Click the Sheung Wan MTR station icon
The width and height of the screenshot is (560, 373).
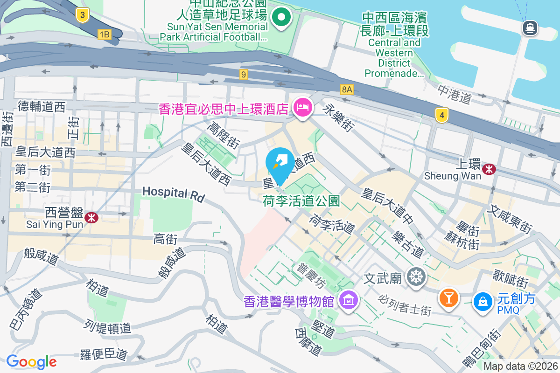[489, 169]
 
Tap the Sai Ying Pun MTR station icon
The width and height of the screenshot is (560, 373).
[91, 217]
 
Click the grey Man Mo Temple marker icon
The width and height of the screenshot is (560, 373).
[415, 277]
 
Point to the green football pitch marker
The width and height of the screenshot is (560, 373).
[281, 19]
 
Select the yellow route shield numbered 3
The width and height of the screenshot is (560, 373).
[83, 15]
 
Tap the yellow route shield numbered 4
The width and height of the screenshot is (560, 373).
[441, 115]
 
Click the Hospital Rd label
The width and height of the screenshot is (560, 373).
[173, 194]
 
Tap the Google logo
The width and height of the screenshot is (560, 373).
[31, 361]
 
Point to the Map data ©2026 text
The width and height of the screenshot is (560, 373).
[521, 366]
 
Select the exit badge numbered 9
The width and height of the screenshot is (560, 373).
[243, 74]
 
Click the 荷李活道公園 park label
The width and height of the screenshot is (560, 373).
[301, 201]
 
